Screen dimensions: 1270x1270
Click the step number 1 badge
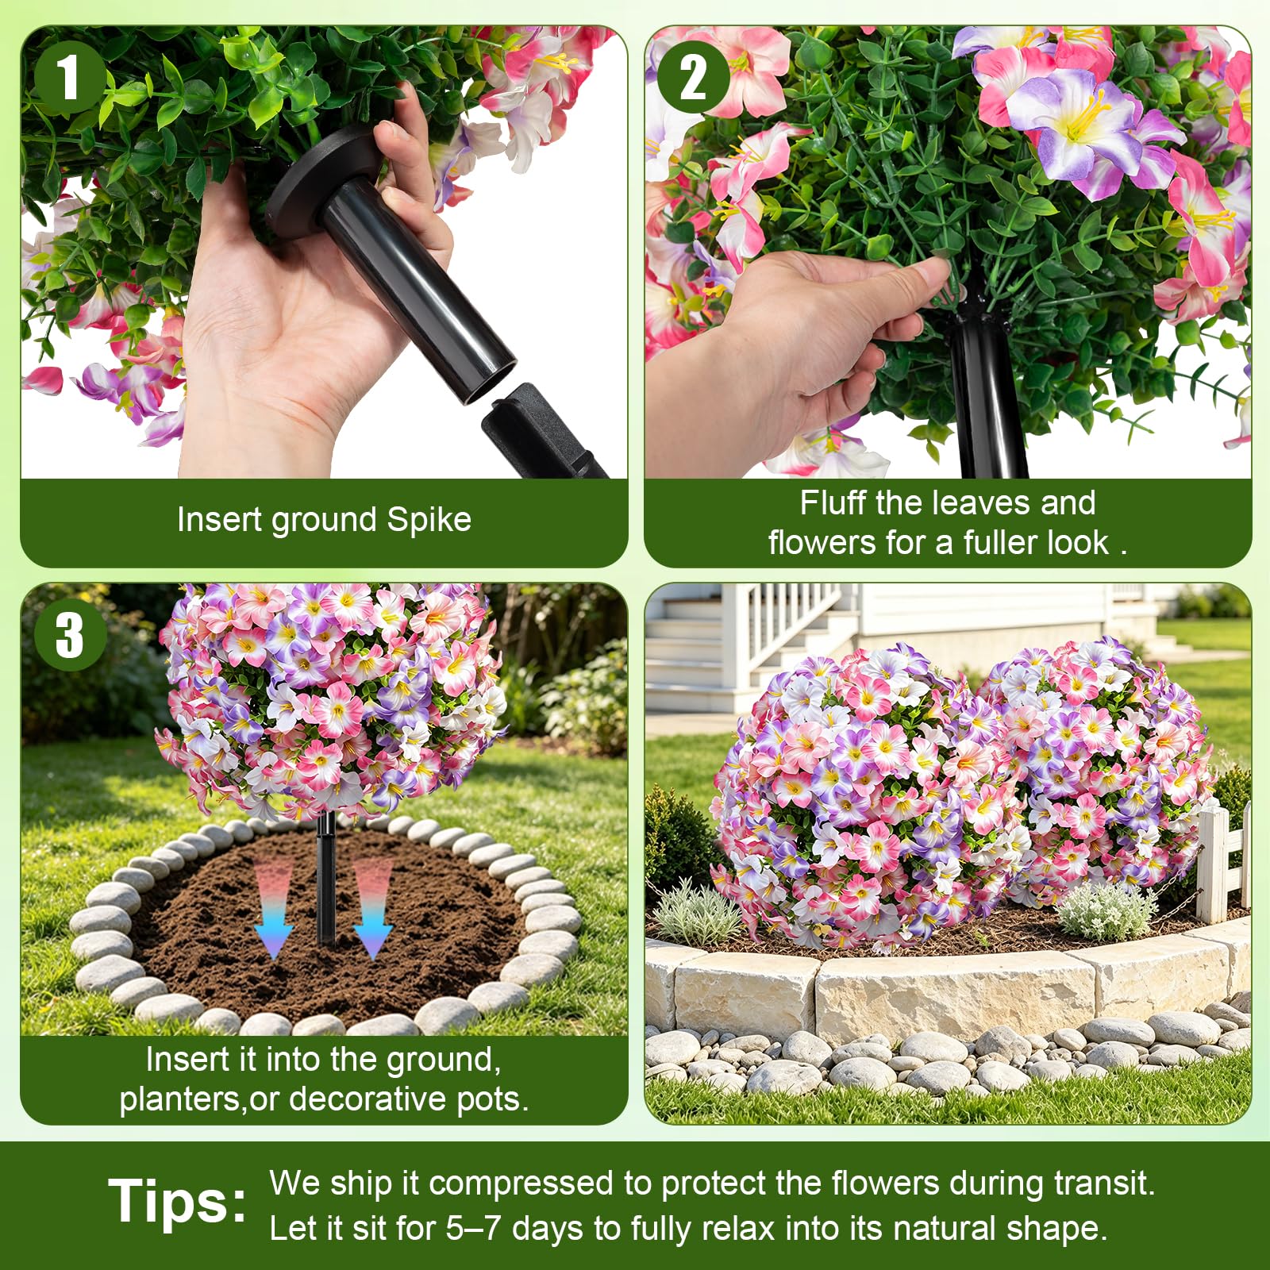(70, 78)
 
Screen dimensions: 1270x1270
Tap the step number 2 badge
(693, 78)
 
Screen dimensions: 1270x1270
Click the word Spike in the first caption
(429, 520)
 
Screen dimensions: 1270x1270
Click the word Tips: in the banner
(178, 1200)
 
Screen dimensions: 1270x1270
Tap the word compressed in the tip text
(521, 1184)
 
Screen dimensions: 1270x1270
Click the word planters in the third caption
(181, 1100)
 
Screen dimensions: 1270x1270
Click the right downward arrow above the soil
(372, 909)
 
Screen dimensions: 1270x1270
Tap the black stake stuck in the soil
(325, 881)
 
